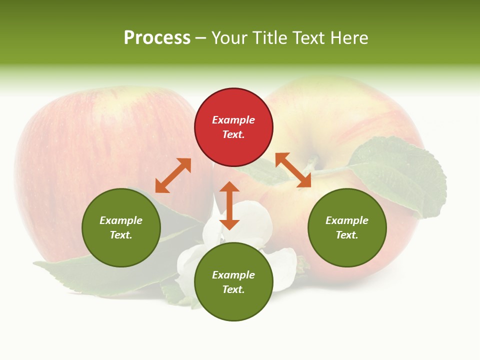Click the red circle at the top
(233, 127)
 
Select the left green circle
(121, 227)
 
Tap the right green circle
(347, 227)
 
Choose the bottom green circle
(233, 282)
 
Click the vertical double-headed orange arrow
(229, 205)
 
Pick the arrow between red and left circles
(173, 175)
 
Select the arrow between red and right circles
(293, 170)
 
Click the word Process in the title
(157, 38)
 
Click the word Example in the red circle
(233, 120)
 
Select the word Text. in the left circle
(121, 235)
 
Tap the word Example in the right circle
(347, 220)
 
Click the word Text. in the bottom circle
(233, 289)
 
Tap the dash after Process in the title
(200, 38)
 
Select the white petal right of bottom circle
(285, 267)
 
